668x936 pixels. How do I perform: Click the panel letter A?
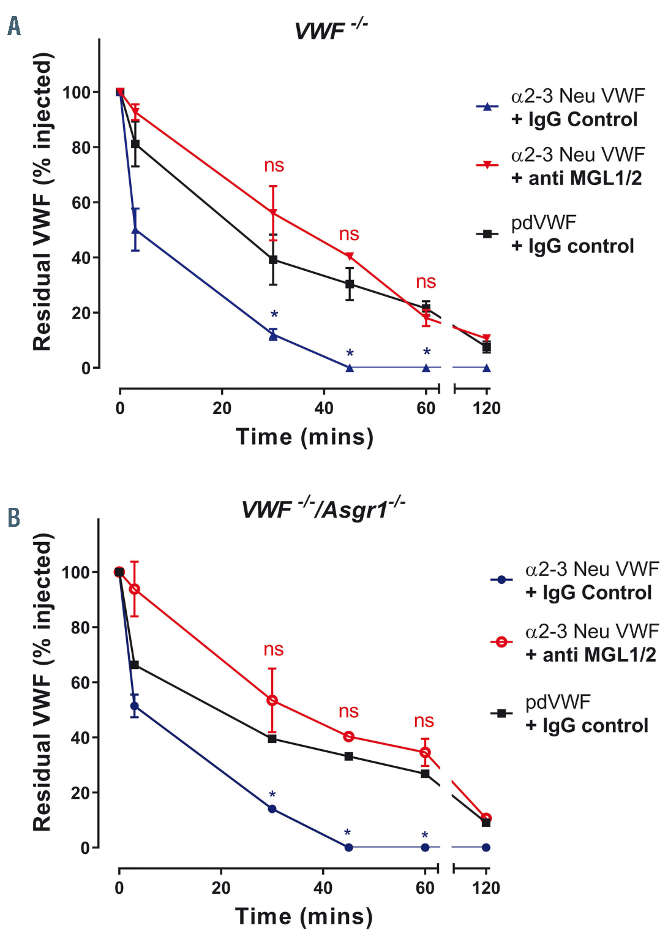coord(13,26)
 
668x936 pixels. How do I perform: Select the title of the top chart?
coord(330,29)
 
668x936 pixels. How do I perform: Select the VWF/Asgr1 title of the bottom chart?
coord(323,508)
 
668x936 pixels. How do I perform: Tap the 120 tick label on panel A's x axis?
coord(486,409)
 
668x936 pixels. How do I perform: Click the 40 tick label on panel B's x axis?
coord(323,888)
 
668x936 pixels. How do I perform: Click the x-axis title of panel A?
coord(304,437)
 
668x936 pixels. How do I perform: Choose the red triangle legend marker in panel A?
coord(487,165)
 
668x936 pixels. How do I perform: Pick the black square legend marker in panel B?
coord(501,713)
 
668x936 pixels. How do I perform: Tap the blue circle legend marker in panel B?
coord(501,579)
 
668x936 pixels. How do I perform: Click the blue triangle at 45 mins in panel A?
coord(350,368)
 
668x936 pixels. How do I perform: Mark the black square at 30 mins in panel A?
coord(273,260)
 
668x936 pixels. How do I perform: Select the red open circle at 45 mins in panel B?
coord(348,736)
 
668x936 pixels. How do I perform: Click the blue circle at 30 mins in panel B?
coord(272,809)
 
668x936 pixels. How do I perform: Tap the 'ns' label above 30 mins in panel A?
coord(274,165)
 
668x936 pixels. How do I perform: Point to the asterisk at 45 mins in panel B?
coord(347,833)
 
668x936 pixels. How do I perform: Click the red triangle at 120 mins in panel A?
coord(486,338)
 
